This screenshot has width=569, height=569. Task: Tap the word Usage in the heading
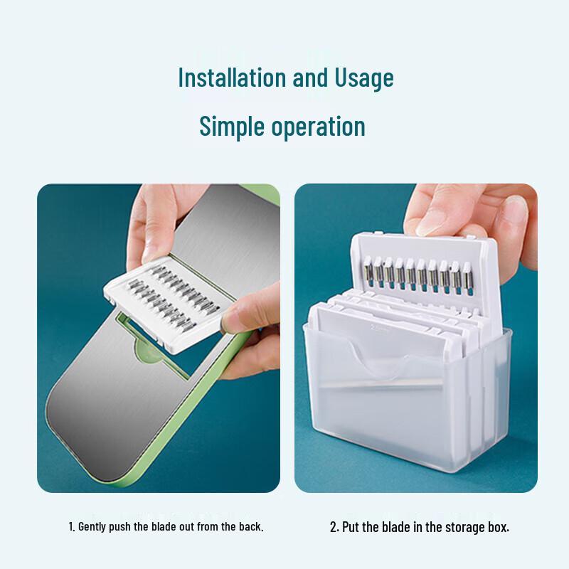[363, 78]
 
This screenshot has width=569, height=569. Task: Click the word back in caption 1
[252, 527]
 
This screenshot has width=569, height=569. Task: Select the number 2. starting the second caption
[334, 527]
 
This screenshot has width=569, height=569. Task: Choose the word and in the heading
[310, 77]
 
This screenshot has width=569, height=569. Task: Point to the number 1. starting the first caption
[71, 527]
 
